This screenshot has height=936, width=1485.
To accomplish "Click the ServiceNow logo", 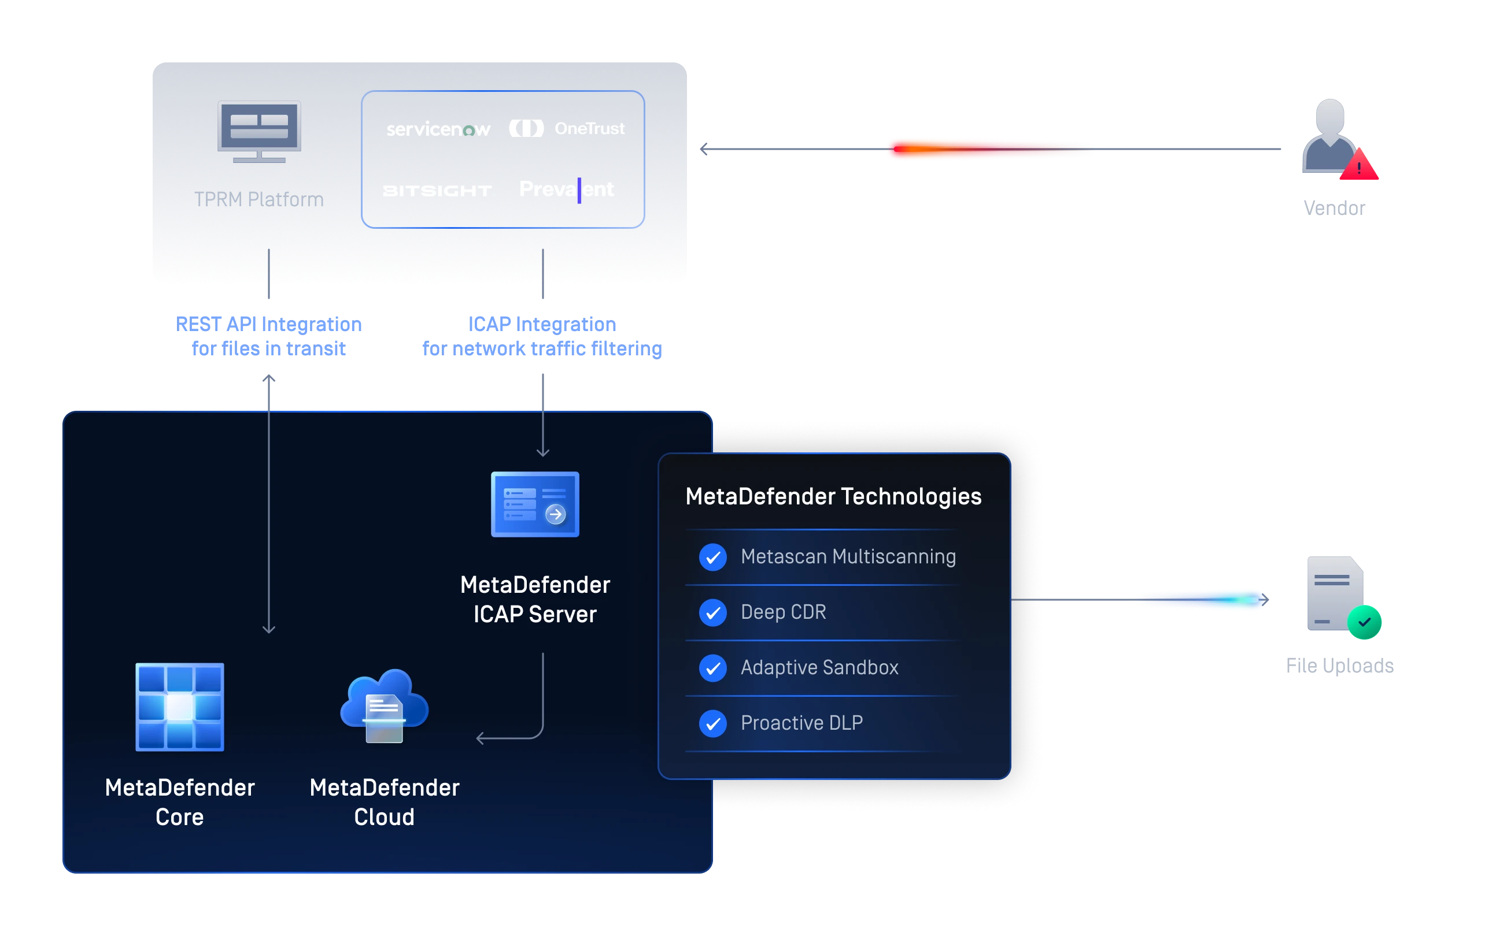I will pyautogui.click(x=438, y=129).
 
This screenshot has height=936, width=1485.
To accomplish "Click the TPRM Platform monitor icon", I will pyautogui.click(x=259, y=131).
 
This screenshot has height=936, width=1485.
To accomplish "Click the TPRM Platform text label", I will pyautogui.click(x=259, y=199).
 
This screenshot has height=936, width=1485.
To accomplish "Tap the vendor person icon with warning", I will pyautogui.click(x=1332, y=139).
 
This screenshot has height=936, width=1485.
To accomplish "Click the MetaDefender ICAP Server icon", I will pyautogui.click(x=535, y=504).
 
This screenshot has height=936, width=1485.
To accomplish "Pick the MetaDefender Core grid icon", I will pyautogui.click(x=179, y=707).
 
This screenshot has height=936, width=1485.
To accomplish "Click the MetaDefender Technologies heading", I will pyautogui.click(x=833, y=496).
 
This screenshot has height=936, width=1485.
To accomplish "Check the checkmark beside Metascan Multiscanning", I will pyautogui.click(x=713, y=557).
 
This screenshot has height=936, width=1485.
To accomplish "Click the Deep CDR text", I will pyautogui.click(x=783, y=612).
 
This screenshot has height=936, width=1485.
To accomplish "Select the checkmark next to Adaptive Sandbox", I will pyautogui.click(x=713, y=668).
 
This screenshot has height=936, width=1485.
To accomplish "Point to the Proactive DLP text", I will pyautogui.click(x=801, y=723).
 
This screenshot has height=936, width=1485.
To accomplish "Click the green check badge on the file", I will pyautogui.click(x=1364, y=622).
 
